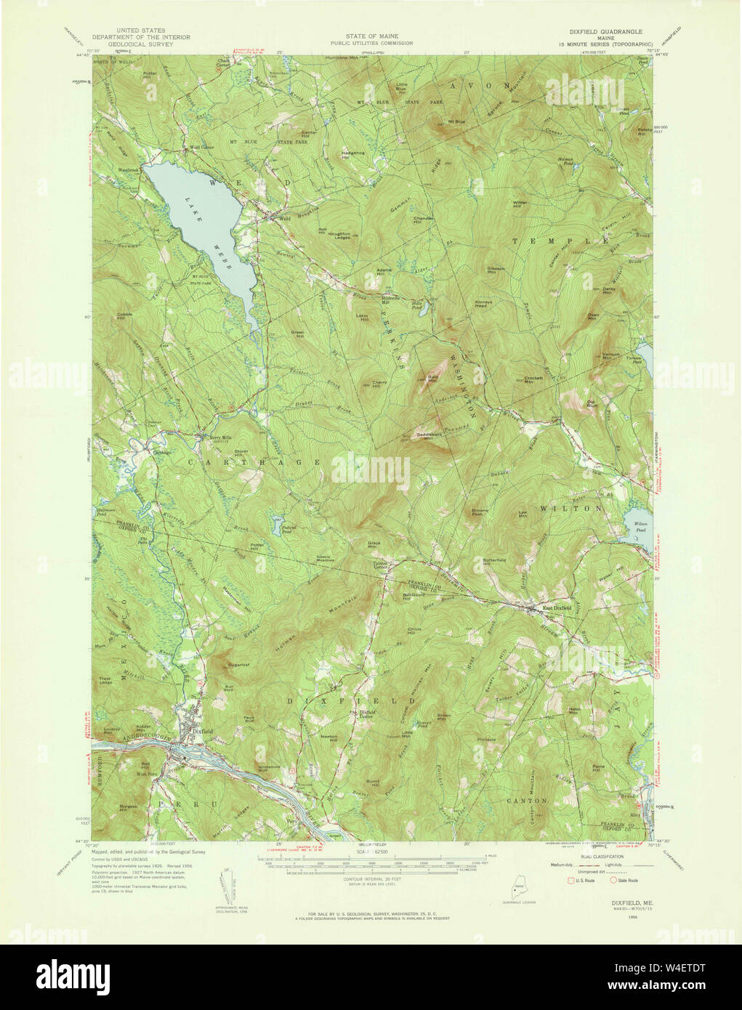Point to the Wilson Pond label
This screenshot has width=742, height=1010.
pyautogui.click(x=640, y=525)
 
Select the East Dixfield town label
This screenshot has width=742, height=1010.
pyautogui.click(x=557, y=608)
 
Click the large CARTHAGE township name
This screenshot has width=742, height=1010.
pyautogui.click(x=254, y=462)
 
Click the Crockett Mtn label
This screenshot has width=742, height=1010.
pyautogui.click(x=533, y=380)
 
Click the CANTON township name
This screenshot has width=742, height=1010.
pyautogui.click(x=527, y=800)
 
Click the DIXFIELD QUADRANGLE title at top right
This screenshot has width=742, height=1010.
pyautogui.click(x=601, y=32)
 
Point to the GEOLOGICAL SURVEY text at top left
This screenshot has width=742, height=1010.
pyautogui.click(x=138, y=44)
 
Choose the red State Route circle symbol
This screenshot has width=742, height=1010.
pyautogui.click(x=613, y=881)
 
